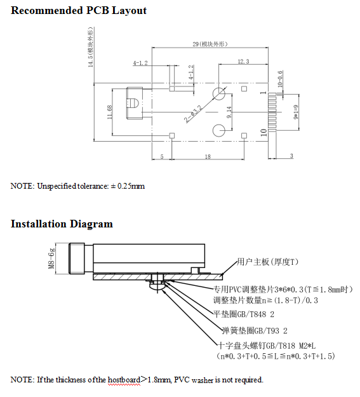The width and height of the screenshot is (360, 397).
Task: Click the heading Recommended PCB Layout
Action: point(79,11)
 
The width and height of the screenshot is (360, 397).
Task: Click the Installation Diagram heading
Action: point(62,224)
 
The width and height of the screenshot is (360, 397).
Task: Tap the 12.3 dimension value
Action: point(243,61)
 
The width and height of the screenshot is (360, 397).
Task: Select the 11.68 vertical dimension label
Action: point(109,112)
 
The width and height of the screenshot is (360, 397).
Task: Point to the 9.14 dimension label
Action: point(229,112)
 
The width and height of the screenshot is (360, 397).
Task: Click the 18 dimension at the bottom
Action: point(208,156)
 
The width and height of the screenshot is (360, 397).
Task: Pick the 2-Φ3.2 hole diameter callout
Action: point(193,114)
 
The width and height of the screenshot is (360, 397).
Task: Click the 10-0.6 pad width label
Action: point(280,79)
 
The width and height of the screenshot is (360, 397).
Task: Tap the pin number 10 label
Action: point(263,132)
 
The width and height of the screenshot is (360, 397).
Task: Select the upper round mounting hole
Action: point(219,93)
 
